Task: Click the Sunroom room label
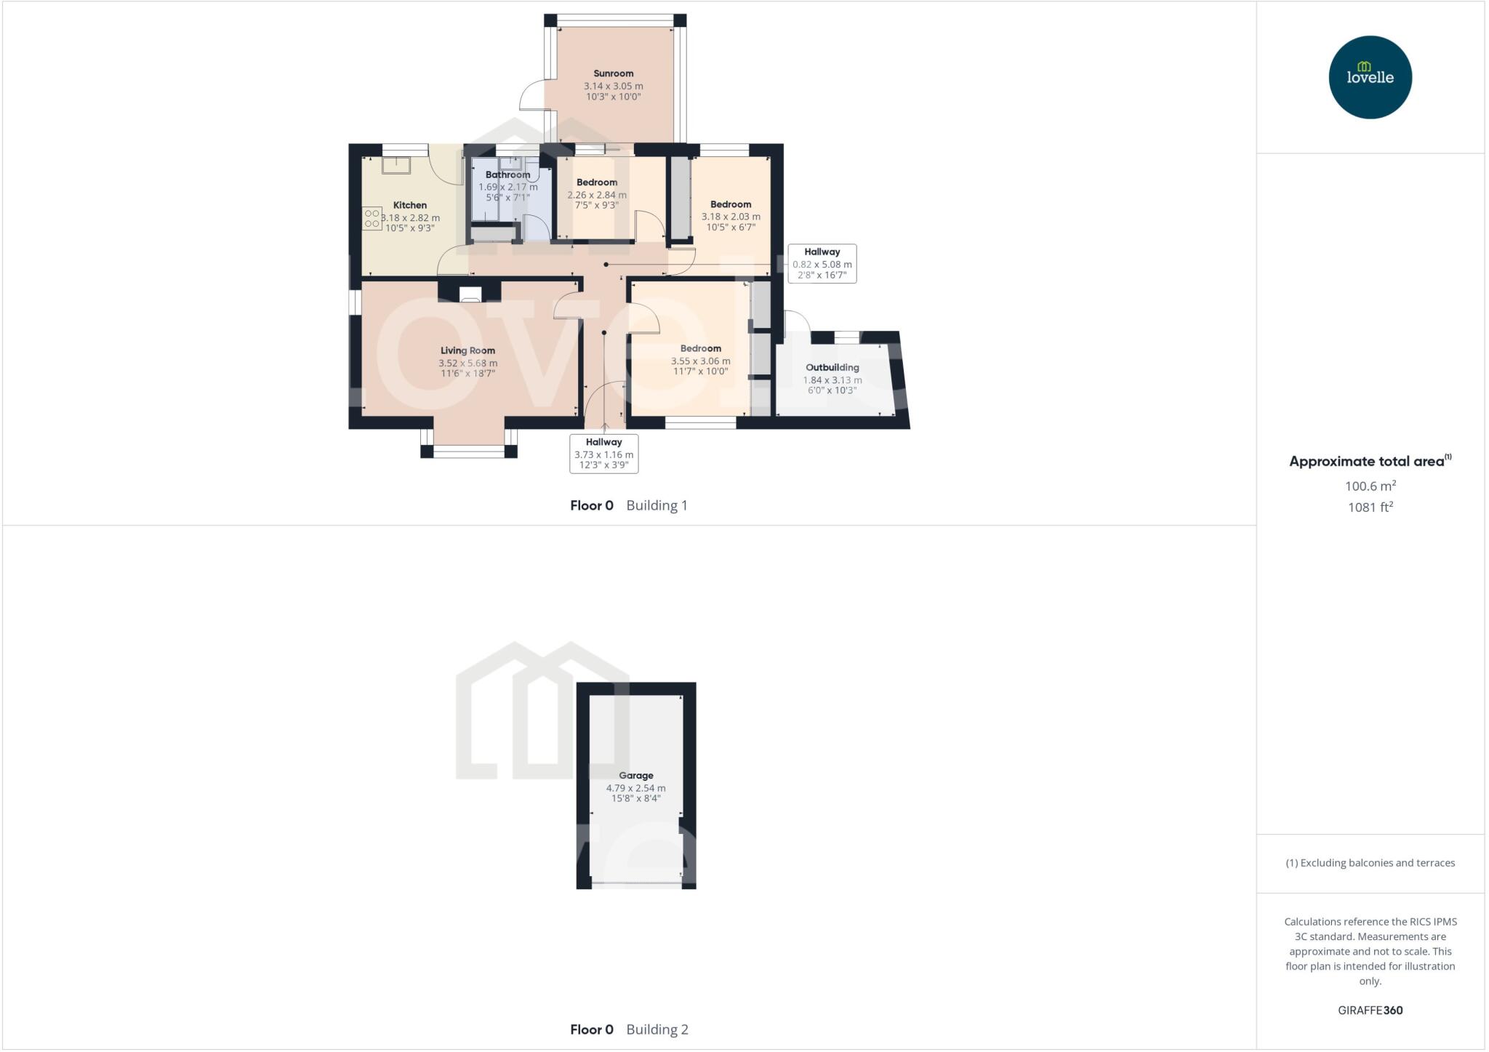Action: [613, 73]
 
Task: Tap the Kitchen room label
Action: [410, 205]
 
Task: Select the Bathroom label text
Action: [507, 174]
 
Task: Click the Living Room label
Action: [467, 350]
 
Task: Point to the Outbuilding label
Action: [832, 367]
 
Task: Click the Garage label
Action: [636, 776]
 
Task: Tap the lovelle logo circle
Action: [1370, 77]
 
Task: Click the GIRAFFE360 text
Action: [1370, 1010]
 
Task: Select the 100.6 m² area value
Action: [1370, 486]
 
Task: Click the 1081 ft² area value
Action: [1370, 507]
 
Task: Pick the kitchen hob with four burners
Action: [372, 218]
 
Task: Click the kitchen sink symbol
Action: [396, 165]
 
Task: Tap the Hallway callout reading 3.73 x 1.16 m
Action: [603, 454]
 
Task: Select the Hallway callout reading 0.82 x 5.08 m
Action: [822, 264]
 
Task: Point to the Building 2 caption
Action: [657, 1029]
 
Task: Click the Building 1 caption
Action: [657, 505]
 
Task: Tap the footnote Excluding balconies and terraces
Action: [1370, 863]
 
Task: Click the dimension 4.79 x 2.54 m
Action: [636, 788]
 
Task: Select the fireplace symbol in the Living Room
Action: [470, 294]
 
